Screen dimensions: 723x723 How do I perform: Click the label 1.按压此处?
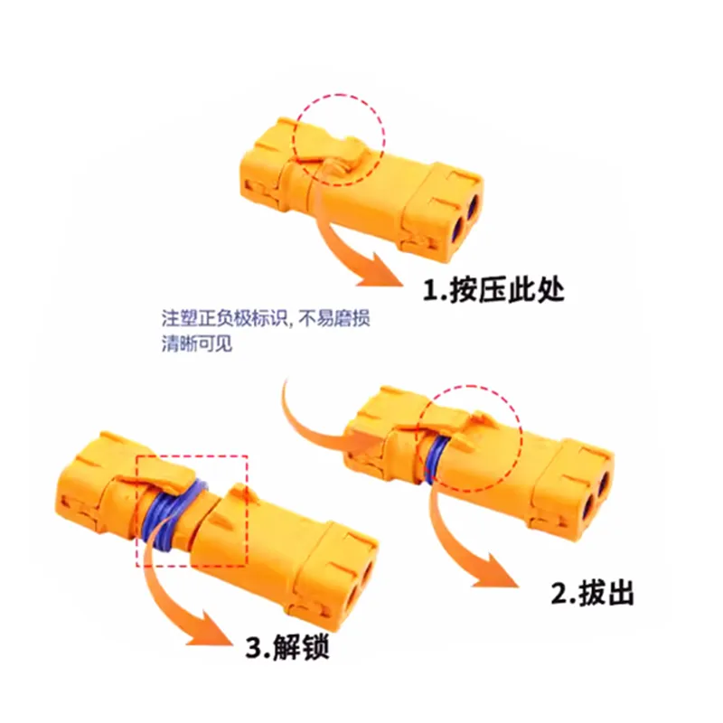click(493, 289)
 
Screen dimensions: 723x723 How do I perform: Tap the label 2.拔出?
click(593, 593)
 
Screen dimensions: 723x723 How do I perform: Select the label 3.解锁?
click(287, 646)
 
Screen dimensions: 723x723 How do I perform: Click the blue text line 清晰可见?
click(197, 343)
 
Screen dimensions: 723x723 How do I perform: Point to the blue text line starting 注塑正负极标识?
click(266, 318)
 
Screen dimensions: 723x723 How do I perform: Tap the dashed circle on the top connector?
click(339, 95)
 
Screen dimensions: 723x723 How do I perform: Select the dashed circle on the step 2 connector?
click(469, 387)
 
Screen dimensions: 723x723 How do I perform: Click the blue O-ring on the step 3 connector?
click(172, 514)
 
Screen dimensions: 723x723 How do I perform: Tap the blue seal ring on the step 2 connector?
click(435, 459)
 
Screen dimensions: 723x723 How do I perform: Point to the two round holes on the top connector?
click(465, 217)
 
